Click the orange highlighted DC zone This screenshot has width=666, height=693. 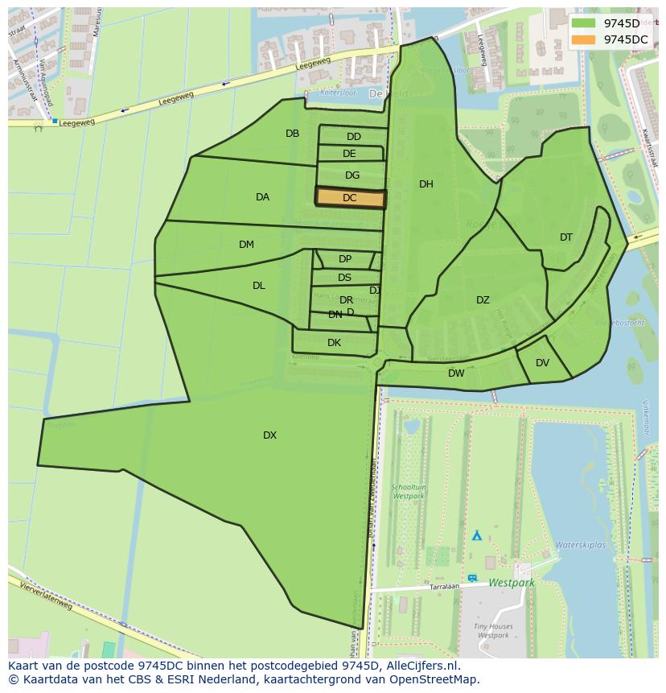pos(350,197)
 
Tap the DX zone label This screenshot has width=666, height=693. pos(269,435)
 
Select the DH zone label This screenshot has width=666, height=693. pos(426,184)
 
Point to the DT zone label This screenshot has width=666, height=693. pos(566,237)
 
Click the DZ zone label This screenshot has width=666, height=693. pos(483,300)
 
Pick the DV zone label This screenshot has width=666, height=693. pos(542,363)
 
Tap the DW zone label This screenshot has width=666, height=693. pos(456,373)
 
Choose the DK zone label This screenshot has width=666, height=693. pos(334,343)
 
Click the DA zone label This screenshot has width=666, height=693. pos(262,197)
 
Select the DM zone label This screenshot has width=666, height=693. pos(246,245)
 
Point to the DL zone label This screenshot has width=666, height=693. pos(258,286)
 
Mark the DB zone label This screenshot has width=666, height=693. pos(292,134)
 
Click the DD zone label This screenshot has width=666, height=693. pos(354,137)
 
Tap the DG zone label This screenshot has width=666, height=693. pos(352,175)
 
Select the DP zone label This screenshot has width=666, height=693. pos(345,259)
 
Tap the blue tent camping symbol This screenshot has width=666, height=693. pos(476,534)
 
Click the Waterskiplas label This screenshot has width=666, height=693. pos(580,545)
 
